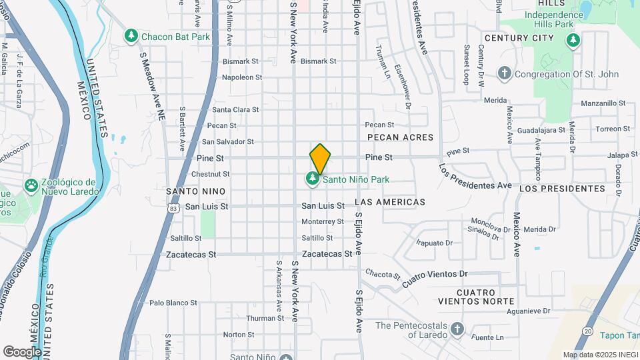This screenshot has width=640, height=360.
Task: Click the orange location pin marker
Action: coord(320,157)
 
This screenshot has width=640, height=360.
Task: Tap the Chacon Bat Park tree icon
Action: coord(131,35)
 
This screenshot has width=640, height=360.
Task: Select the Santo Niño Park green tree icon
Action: coord(312,179)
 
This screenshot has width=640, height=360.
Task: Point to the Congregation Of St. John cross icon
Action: coord(505,72)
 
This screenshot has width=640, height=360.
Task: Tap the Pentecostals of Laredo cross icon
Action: coord(457,329)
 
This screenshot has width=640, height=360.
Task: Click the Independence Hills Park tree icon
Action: coord(573,41)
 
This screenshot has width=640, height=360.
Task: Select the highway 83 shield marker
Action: coord(173,208)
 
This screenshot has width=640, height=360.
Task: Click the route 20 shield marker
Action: coord(587,331)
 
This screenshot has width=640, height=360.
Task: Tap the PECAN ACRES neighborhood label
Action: coord(400,137)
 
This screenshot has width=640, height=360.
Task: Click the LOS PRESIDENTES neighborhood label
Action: coord(562,189)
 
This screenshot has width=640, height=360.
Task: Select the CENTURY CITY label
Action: coord(519,38)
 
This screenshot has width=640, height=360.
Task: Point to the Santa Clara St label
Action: coord(235,109)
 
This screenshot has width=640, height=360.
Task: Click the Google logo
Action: coord(22,351)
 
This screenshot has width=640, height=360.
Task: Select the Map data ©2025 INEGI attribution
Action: coord(599,355)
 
